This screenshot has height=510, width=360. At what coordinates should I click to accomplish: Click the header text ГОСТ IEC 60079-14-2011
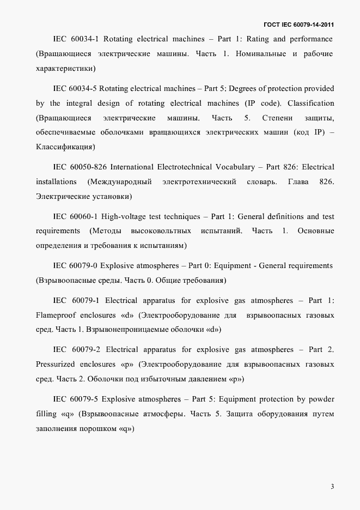(299, 25)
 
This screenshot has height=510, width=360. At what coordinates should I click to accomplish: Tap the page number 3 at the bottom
(332, 487)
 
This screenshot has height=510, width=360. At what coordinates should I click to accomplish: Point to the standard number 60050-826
(88, 167)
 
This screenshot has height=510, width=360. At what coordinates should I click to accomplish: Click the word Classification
(310, 103)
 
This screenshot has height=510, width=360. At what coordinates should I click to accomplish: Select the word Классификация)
(65, 147)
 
